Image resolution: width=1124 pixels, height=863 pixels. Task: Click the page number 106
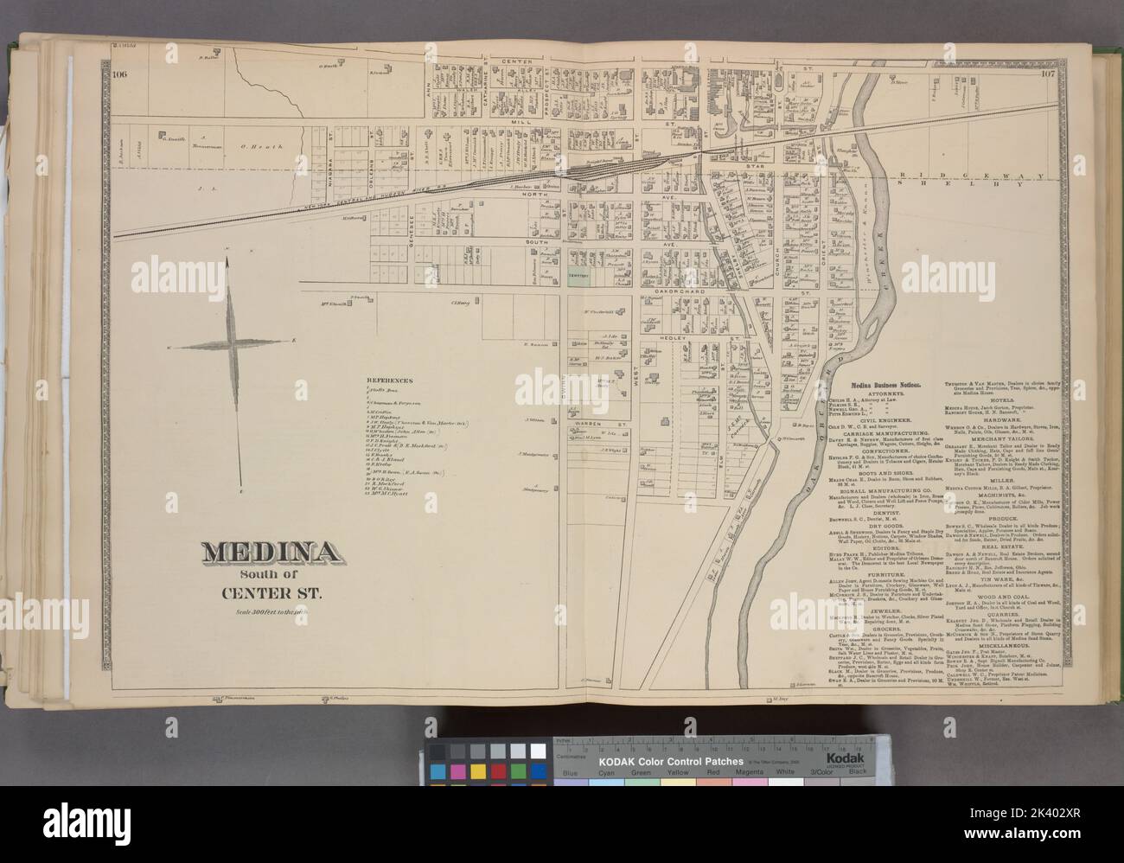point(119,74)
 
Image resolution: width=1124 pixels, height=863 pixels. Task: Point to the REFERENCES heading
point(393,380)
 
